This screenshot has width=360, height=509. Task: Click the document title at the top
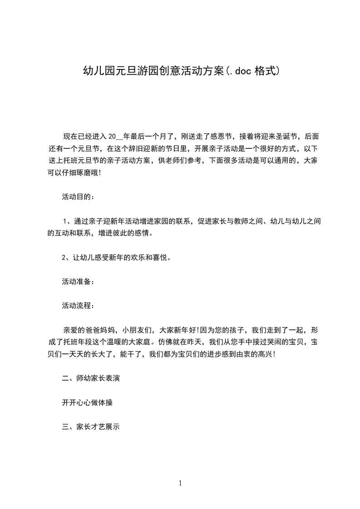pos(180,71)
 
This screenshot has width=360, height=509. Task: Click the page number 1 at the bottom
pos(180,483)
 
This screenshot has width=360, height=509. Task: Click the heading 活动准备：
pos(79,282)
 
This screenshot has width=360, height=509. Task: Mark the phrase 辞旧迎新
pos(143,148)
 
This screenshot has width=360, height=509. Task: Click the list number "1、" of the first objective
pos(67,221)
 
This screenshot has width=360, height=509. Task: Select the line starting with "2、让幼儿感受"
pos(116,258)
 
